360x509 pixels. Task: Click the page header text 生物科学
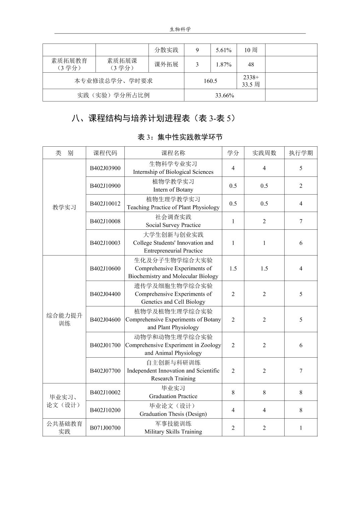(x=180, y=29)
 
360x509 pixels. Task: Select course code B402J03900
(x=105, y=168)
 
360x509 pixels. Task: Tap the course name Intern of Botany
(x=173, y=190)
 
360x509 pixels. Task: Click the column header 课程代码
(x=105, y=153)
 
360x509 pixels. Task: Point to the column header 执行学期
(x=300, y=153)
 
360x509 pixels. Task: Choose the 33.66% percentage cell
(x=224, y=95)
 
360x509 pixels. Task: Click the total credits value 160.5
(x=210, y=81)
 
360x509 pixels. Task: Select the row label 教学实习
(x=64, y=207)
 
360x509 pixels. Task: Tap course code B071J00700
(x=105, y=428)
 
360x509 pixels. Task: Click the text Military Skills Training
(x=173, y=432)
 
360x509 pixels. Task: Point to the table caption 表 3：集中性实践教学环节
(x=180, y=137)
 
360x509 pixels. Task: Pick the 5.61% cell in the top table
(x=223, y=50)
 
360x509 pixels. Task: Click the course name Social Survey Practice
(x=173, y=225)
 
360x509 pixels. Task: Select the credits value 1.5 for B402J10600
(x=233, y=268)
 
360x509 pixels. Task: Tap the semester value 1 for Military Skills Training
(x=300, y=428)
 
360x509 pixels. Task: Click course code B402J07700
(x=105, y=371)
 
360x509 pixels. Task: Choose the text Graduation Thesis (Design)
(x=173, y=414)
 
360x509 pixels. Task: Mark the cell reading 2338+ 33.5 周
(x=251, y=81)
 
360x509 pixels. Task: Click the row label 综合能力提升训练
(x=64, y=319)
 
